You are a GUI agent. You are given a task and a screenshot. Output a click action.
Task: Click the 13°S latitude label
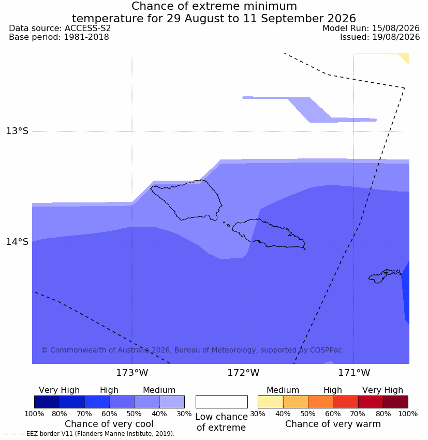point(17,131)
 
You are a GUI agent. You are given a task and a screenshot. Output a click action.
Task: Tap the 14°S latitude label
point(17,242)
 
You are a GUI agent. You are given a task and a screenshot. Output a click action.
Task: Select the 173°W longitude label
point(132,373)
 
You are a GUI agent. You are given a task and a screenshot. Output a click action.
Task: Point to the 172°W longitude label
point(243,373)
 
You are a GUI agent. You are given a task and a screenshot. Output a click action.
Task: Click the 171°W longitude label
point(354,373)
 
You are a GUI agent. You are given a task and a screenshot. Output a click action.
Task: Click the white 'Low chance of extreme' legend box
point(222,402)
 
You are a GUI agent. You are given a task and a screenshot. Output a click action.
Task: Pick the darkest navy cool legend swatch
point(47,402)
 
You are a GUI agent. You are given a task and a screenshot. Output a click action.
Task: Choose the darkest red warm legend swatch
point(395,402)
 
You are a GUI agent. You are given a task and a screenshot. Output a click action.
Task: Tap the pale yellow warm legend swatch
point(270,402)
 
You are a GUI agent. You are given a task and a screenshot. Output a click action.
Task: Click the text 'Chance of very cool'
point(109,424)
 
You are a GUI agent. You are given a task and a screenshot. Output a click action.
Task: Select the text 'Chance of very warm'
point(333,424)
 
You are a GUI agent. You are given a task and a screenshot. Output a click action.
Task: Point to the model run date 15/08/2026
point(396,28)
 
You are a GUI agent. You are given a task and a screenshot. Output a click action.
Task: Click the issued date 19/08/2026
point(396,37)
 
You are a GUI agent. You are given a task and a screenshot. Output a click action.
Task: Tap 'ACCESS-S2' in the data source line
point(87,28)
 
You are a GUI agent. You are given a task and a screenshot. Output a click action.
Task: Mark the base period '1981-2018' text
point(86,37)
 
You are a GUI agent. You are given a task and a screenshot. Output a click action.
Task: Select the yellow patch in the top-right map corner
point(404,57)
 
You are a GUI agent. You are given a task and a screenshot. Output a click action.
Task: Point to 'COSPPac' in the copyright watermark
point(326,350)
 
